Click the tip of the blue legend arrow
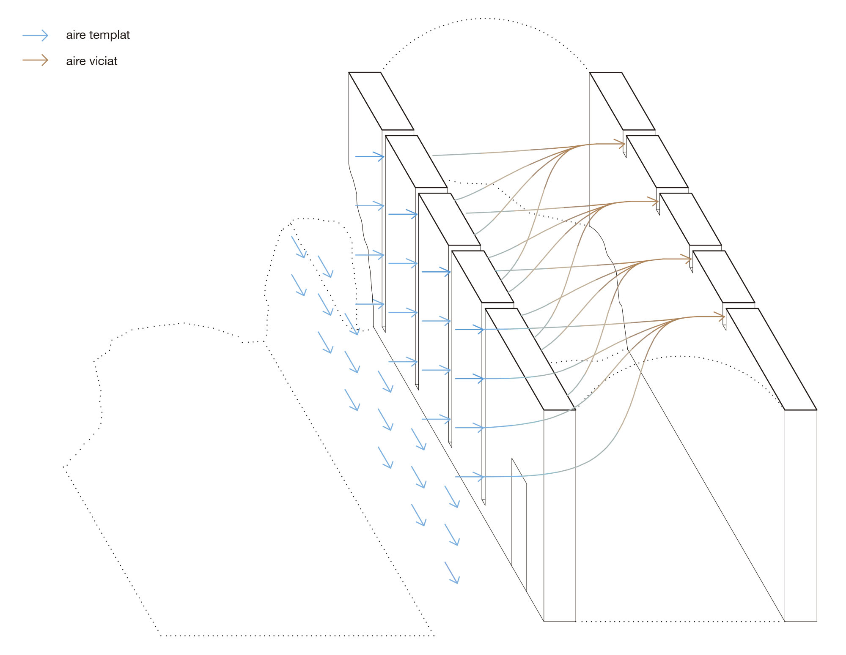(48, 35)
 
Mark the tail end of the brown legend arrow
(22, 60)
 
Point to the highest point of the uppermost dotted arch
(486, 19)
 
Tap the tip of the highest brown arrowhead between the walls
(626, 144)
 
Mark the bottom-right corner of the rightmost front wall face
(817, 621)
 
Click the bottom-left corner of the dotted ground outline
(160, 635)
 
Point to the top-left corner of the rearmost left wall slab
(349, 72)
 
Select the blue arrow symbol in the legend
(36, 35)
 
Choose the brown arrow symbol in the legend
(36, 60)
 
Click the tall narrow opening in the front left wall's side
(519, 524)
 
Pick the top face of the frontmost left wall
(530, 359)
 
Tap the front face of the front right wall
(801, 516)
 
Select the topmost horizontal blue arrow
(370, 156)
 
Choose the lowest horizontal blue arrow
(470, 477)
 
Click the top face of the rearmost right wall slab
(622, 101)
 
